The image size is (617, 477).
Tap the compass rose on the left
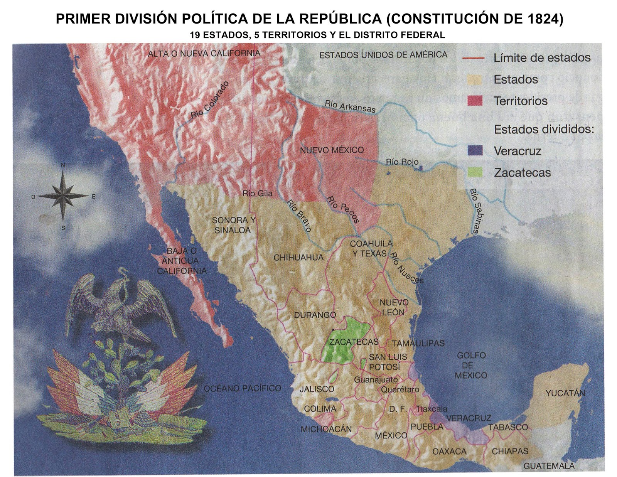(63, 196)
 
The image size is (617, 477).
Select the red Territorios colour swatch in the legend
(475, 101)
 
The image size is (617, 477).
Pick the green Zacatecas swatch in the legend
(475, 172)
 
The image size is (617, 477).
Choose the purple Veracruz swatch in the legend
(475, 150)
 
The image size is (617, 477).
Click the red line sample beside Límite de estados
(473, 58)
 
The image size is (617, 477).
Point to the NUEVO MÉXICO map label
(332, 150)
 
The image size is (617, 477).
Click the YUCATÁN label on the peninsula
(565, 393)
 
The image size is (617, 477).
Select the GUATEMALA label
(549, 466)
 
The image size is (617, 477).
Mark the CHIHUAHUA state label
(298, 258)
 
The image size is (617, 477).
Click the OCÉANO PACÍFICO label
(243, 388)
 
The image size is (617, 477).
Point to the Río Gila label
(257, 193)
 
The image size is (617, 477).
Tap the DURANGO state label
(315, 315)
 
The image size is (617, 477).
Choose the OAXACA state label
(449, 451)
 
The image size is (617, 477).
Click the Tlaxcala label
(432, 409)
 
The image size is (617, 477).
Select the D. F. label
(398, 409)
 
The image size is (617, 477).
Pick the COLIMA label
(320, 409)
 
